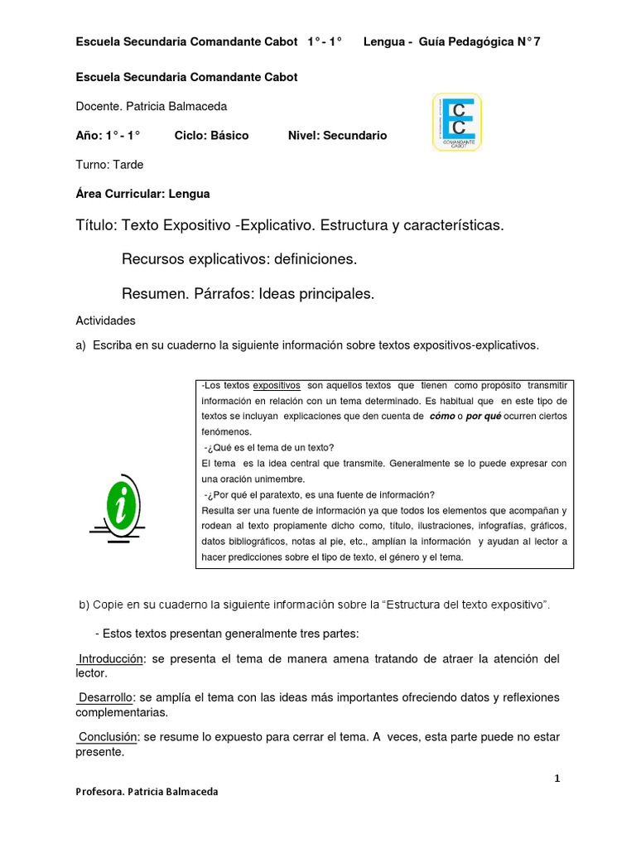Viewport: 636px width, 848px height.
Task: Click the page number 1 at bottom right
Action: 557,778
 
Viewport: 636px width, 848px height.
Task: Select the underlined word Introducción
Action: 111,658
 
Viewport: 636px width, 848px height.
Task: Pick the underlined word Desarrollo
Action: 106,697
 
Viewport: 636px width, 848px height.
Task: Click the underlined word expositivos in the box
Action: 276,386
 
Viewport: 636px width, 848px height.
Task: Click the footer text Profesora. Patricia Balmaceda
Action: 147,792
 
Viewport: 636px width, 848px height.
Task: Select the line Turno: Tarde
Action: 109,165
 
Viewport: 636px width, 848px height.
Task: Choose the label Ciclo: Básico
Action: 211,136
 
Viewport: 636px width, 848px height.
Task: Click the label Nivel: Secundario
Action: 337,136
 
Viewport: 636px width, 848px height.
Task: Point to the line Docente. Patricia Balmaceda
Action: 151,107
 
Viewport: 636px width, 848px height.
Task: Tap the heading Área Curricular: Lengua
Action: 142,194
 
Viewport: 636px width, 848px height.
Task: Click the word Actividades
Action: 105,320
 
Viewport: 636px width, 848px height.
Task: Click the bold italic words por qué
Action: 484,417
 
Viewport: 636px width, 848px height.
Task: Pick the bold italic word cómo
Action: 441,417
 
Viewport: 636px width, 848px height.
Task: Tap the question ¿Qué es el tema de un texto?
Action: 269,448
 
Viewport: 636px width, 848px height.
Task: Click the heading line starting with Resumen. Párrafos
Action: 248,293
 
